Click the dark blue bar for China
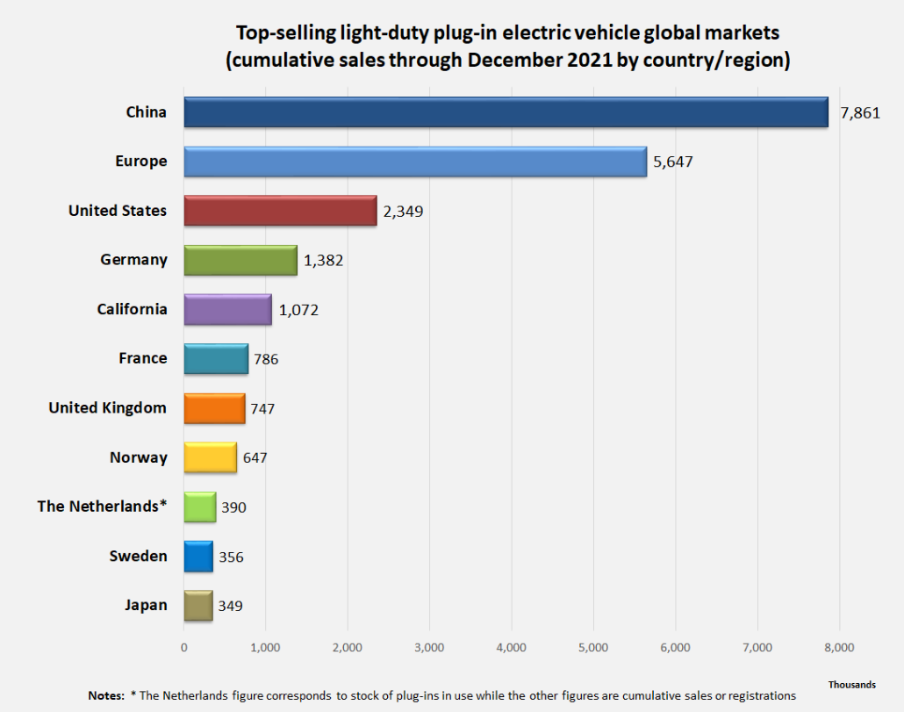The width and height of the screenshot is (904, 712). (506, 112)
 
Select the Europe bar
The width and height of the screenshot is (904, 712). (415, 162)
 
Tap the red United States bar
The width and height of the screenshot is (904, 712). (280, 211)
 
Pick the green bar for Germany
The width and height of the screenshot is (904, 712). (240, 260)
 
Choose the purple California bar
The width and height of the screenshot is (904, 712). (227, 309)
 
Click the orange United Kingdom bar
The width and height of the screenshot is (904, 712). (214, 408)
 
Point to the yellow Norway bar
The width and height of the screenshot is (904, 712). (210, 457)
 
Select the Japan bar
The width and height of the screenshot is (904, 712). (198, 606)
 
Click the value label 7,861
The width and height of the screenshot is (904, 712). (859, 113)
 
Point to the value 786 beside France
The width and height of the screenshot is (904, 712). (266, 359)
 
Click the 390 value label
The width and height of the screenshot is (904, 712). (233, 507)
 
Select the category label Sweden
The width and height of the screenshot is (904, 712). (138, 556)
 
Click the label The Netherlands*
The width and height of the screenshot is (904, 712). (102, 507)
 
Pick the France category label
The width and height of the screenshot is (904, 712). (142, 358)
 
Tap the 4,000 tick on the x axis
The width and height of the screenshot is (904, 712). (511, 648)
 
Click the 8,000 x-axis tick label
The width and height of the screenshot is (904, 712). (839, 648)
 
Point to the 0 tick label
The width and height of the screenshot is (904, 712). (184, 648)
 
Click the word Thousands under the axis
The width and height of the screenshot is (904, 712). (851, 684)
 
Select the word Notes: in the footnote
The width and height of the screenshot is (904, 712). (106, 695)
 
